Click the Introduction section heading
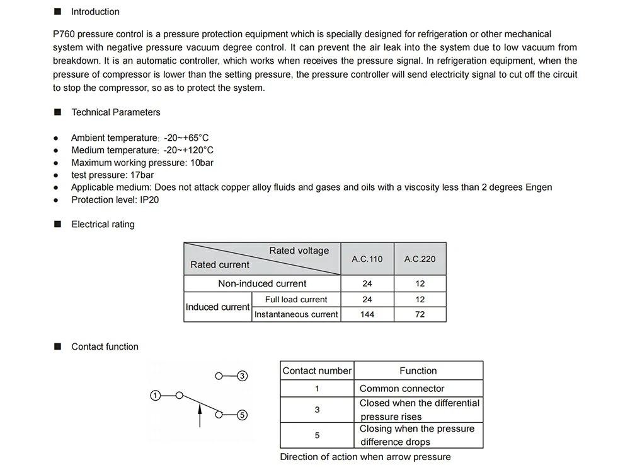pos(94,12)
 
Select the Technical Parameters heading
pos(115,112)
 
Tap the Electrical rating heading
pos(103,224)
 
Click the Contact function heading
pos(105,346)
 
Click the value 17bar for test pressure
pos(141,175)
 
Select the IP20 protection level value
pos(150,200)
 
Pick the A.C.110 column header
pos(367,259)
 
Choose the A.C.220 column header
pos(420,259)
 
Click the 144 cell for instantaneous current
pos(367,314)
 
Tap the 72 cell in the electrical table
pos(420,314)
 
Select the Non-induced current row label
pos(262,284)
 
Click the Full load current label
pos(296,300)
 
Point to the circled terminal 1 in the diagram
pos(154,396)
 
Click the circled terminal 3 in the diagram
pos(242,376)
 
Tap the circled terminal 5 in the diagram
pos(242,415)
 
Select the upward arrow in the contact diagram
pos(200,417)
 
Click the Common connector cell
pos(402,389)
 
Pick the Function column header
pos(418,371)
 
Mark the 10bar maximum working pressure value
pos(202,163)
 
